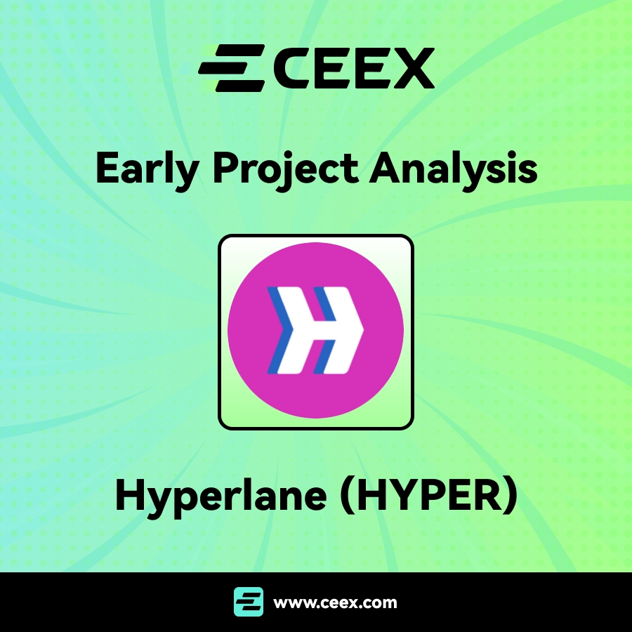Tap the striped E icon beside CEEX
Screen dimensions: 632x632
(x=231, y=68)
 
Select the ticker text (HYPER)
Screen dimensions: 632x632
(x=429, y=496)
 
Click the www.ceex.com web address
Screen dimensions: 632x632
(x=335, y=603)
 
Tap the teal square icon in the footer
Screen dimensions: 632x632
(x=249, y=603)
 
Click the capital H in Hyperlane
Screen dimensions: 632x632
(x=131, y=495)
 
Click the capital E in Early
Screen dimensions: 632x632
(x=107, y=169)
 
